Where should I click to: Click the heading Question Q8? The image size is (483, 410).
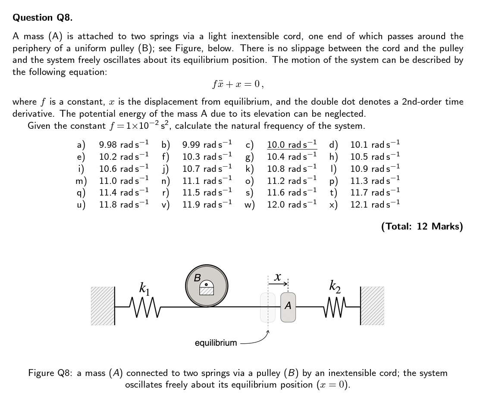pyautogui.click(x=43, y=18)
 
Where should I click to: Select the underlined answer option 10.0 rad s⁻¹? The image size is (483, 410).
pyautogui.click(x=292, y=145)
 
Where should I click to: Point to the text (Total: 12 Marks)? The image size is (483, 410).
pyautogui.click(x=422, y=227)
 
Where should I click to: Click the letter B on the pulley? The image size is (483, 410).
pyautogui.click(x=197, y=278)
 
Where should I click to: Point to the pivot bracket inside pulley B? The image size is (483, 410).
pyautogui.click(x=206, y=289)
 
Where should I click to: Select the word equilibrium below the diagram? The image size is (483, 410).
pyautogui.click(x=216, y=343)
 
